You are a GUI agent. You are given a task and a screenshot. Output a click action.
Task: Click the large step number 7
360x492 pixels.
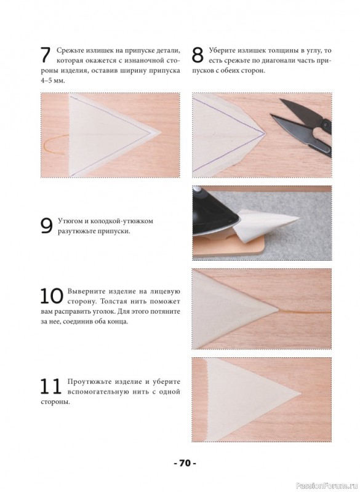pyautogui.click(x=46, y=55)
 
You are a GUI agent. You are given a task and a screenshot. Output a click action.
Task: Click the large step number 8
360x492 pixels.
pyautogui.click(x=198, y=55)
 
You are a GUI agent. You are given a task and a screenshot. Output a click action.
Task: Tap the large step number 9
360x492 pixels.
pyautogui.click(x=46, y=226)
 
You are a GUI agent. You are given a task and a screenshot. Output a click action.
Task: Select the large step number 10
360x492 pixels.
pyautogui.click(x=52, y=296)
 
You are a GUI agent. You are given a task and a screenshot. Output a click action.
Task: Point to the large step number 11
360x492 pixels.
pyautogui.click(x=50, y=387)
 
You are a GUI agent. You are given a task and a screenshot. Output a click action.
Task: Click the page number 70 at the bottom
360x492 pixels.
pyautogui.click(x=185, y=463)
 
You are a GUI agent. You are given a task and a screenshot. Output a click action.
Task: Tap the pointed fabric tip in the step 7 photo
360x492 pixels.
pyautogui.click(x=161, y=132)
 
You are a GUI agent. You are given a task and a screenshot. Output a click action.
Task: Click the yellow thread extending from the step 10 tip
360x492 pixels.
pyautogui.click(x=305, y=312)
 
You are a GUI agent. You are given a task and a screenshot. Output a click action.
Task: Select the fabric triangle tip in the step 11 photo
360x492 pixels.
pyautogui.click(x=300, y=392)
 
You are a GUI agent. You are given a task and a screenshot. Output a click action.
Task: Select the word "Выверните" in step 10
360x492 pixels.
pyautogui.click(x=84, y=292)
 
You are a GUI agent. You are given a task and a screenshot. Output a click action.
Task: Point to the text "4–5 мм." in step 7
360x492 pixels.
pyautogui.click(x=52, y=81)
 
